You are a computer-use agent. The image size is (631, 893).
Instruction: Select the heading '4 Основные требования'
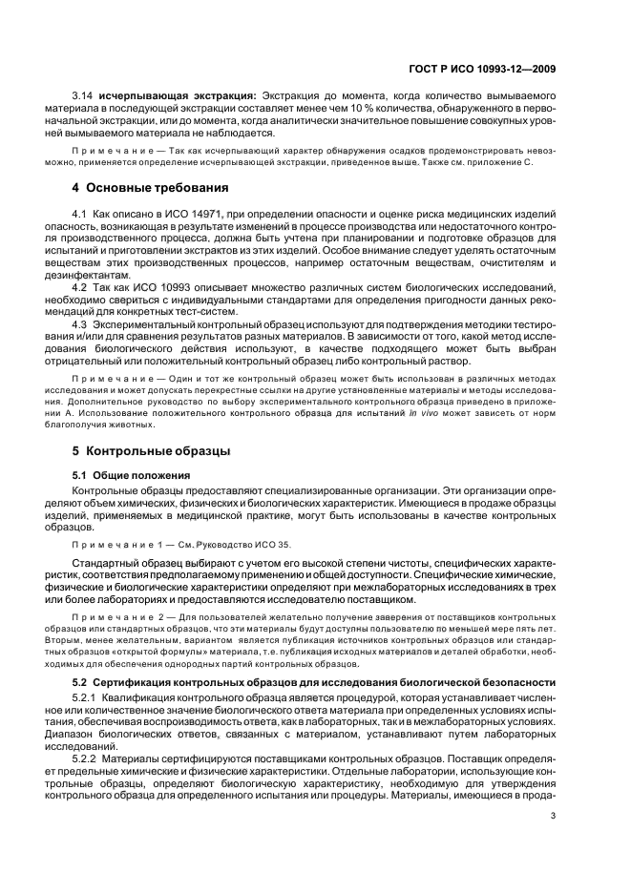[x=151, y=188]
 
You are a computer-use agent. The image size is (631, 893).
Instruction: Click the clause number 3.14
[x=83, y=96]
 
